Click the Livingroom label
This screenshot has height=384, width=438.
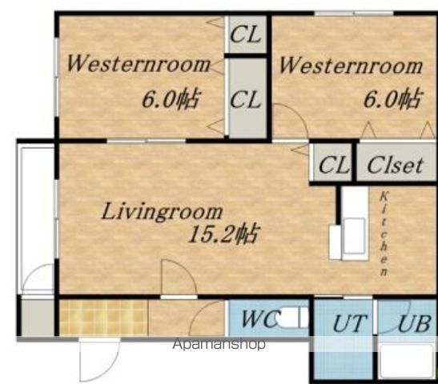click(162, 212)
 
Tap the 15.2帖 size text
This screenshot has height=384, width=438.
click(223, 234)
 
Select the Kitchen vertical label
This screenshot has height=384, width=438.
click(384, 234)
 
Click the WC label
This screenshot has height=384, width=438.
click(259, 318)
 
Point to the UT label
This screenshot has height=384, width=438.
click(350, 323)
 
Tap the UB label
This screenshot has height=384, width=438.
click(415, 324)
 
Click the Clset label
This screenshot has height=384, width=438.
click(395, 166)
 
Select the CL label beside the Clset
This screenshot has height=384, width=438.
click(334, 165)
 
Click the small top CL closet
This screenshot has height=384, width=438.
click(246, 34)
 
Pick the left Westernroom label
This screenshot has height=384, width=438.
click(139, 64)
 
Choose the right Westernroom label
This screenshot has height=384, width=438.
click(351, 66)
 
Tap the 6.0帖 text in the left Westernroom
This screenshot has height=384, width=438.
click(171, 99)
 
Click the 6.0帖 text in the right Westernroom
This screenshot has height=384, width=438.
click(392, 98)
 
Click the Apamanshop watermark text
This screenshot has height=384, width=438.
click(219, 344)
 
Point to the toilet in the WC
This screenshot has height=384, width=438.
click(293, 317)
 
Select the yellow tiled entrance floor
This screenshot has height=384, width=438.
click(103, 318)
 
